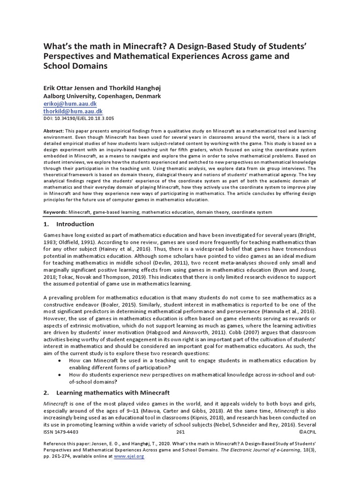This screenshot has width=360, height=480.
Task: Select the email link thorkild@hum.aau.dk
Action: tap(73, 111)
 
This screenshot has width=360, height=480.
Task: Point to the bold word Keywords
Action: tap(55, 212)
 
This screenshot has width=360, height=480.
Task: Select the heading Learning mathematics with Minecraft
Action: tap(112, 392)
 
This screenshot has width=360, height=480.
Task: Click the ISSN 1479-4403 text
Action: tap(61, 432)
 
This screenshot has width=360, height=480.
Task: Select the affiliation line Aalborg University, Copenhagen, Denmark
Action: tap(102, 96)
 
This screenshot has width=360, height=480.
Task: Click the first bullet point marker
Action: tap(58, 360)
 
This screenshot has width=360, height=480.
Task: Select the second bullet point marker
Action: tap(58, 375)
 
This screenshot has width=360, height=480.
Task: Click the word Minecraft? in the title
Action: tap(138, 46)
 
